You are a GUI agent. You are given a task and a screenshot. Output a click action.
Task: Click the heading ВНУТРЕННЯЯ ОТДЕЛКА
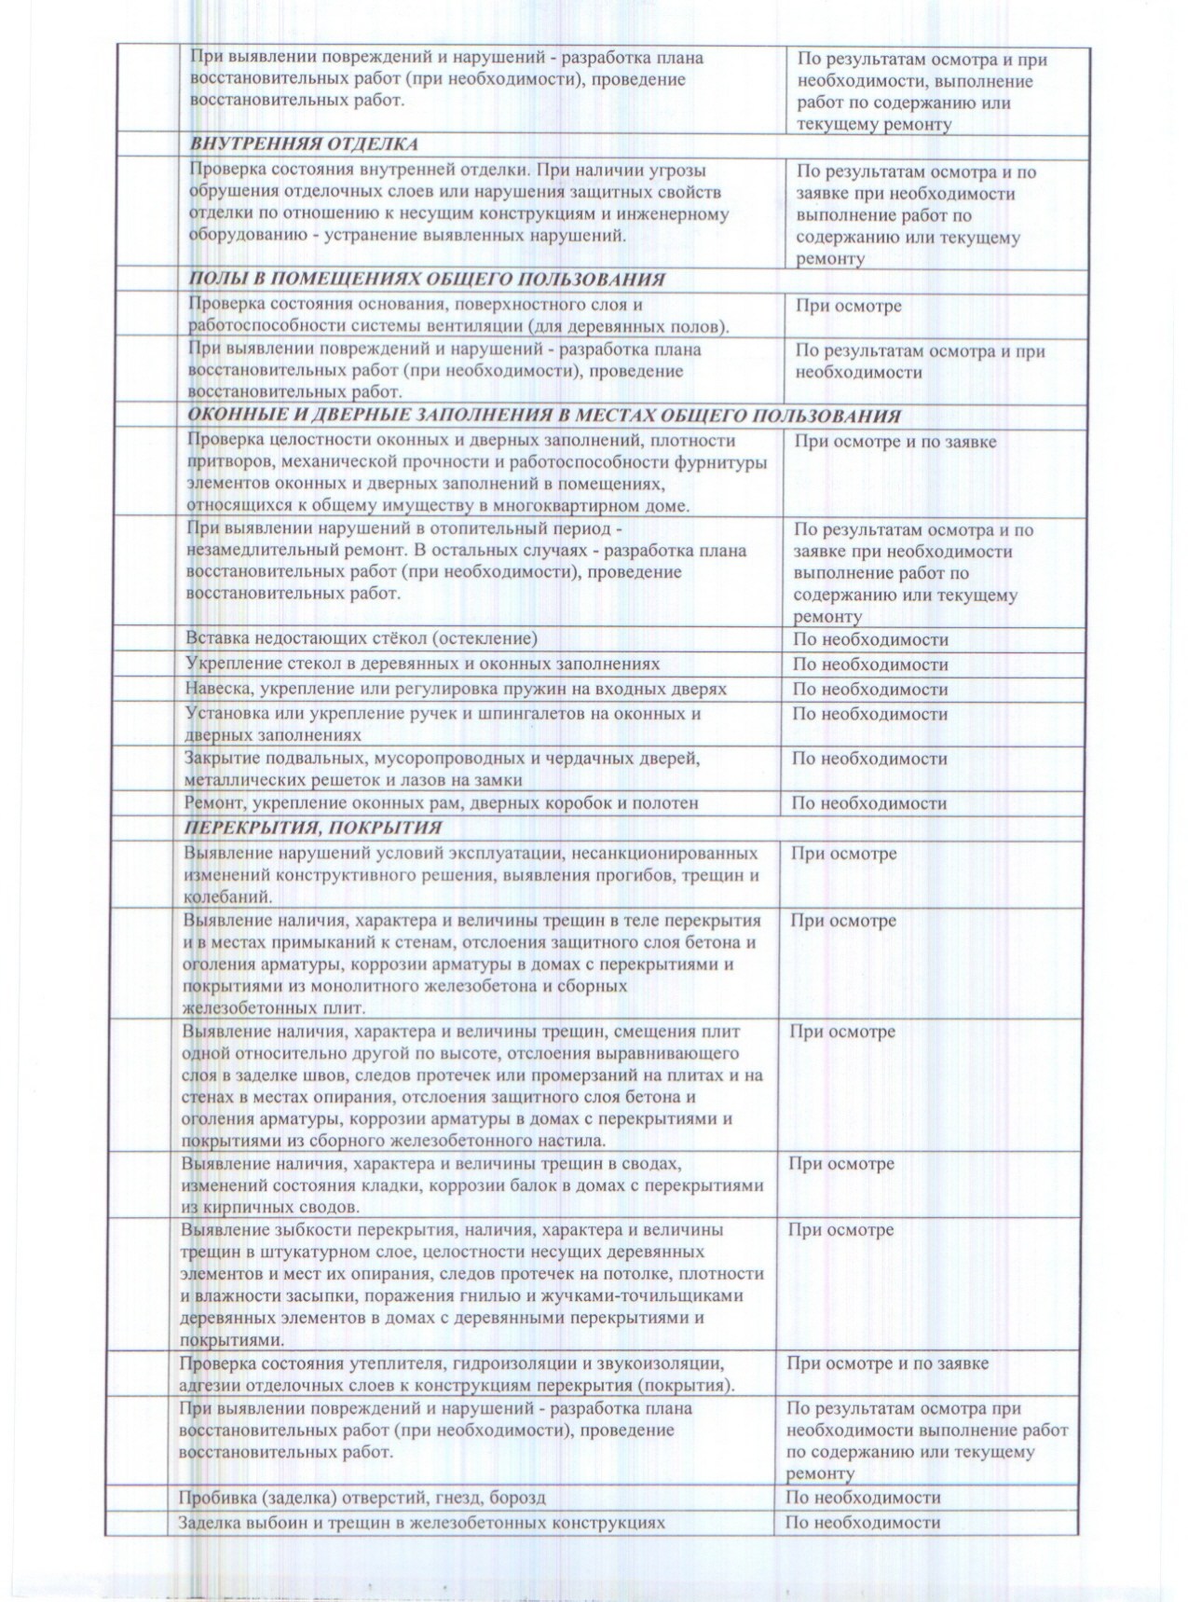point(304,144)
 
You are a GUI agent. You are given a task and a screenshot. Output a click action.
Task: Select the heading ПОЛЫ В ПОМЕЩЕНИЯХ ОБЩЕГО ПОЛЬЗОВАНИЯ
point(427,280)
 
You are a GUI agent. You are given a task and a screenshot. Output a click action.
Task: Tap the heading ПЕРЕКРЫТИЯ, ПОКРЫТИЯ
point(312,828)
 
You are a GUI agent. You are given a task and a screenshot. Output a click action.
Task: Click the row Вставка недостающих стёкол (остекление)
point(362,639)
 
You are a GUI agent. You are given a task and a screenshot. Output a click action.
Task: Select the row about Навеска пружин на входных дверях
point(455,690)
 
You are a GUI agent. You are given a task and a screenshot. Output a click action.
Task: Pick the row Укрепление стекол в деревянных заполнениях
point(422,664)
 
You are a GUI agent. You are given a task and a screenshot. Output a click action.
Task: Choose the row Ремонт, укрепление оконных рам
point(441,803)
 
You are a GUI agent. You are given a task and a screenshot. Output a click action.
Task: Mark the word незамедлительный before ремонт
point(249,552)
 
